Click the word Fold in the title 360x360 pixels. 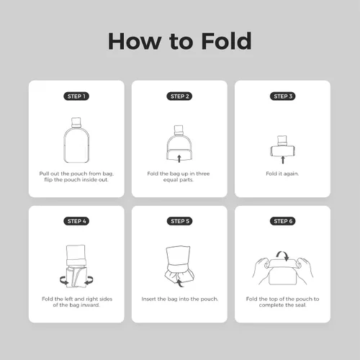(226, 41)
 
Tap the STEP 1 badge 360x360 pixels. (76, 96)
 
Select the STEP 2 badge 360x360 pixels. (179, 96)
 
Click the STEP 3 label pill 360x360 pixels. (283, 96)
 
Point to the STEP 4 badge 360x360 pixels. (76, 221)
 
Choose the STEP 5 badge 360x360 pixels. (179, 221)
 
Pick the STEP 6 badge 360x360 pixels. (283, 221)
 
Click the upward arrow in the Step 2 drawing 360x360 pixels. (179, 158)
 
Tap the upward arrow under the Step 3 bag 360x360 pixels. (283, 160)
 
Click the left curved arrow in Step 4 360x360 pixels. (64, 280)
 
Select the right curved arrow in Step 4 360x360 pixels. (89, 280)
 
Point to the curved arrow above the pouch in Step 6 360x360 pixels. (283, 255)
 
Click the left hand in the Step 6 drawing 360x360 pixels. (261, 269)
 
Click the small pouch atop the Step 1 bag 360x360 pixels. (76, 122)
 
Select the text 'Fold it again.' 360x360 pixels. (282, 174)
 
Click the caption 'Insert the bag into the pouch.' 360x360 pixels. (180, 299)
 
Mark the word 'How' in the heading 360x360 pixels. (135, 41)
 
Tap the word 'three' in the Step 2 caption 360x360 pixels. (203, 174)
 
